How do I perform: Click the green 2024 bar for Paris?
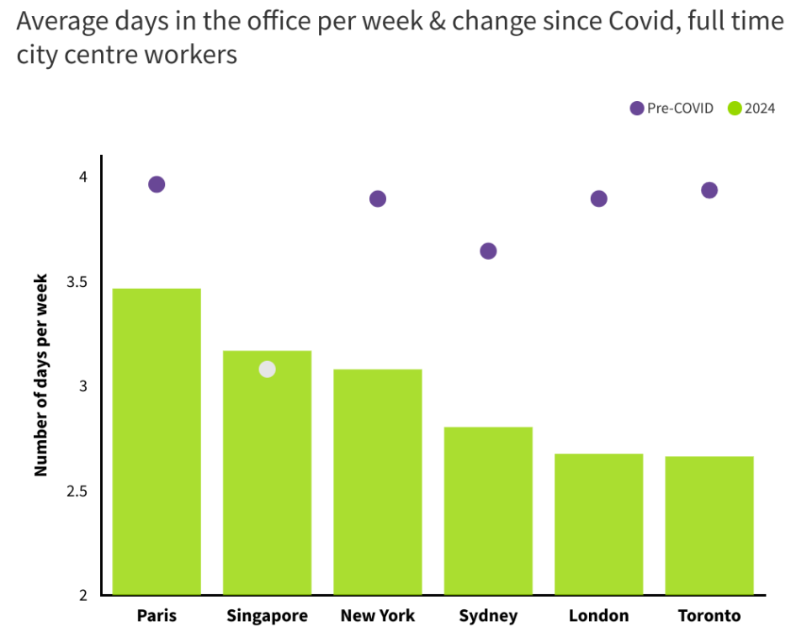157,442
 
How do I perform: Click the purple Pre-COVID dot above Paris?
157,184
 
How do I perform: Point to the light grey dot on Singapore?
267,369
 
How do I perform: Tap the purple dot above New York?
378,199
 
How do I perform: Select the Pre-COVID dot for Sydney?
488,251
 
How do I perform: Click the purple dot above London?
598,199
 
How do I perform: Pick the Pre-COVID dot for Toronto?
709,190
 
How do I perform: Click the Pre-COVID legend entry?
672,108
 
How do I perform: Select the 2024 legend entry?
752,108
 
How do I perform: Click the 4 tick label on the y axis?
83,177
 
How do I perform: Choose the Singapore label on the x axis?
267,615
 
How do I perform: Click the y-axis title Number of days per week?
40,375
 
